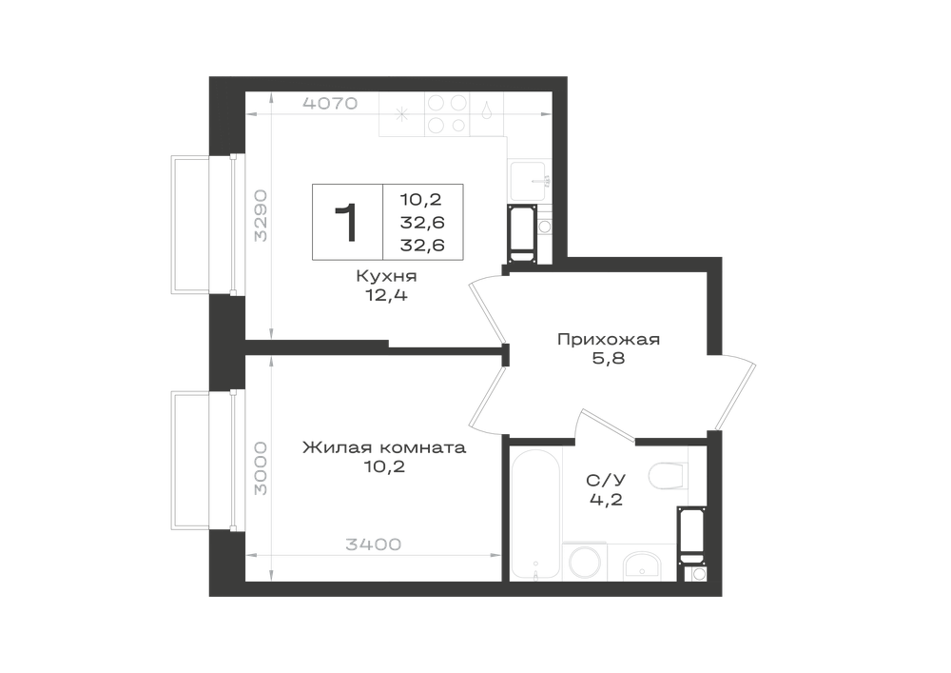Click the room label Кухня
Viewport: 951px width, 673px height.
point(386,277)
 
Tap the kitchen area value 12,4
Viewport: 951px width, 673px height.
point(386,295)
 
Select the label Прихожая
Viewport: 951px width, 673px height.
point(609,339)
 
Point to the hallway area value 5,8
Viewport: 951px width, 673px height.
point(609,359)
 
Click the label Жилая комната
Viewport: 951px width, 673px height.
point(384,447)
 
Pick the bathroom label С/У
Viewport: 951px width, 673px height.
point(606,481)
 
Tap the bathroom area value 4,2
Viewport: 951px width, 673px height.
point(606,500)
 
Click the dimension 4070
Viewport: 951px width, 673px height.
point(330,104)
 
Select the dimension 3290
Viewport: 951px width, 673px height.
point(261,216)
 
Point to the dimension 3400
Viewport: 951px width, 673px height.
point(374,544)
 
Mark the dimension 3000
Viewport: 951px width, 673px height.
point(261,468)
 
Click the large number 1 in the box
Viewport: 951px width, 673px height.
point(346,223)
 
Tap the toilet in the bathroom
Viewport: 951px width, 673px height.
point(669,476)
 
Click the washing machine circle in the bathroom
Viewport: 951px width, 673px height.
point(585,564)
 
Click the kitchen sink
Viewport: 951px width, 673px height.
point(527,181)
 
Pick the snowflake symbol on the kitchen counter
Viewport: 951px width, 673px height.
point(401,114)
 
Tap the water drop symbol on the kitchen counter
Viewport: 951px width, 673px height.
point(486,110)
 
